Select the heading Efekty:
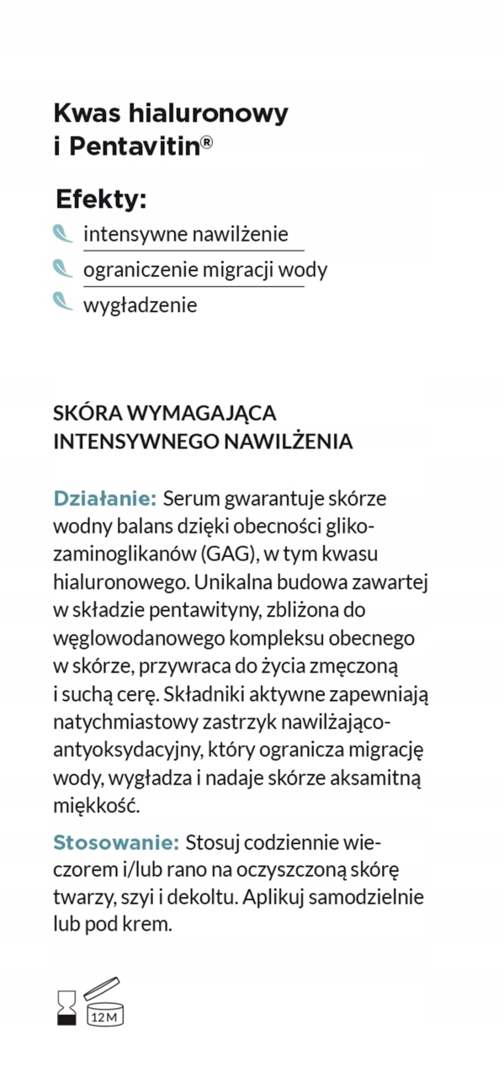(101, 199)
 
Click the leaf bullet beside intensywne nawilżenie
(63, 233)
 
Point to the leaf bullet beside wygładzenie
(63, 301)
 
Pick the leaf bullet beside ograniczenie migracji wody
(63, 268)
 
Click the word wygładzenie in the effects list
(140, 305)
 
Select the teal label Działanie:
(104, 497)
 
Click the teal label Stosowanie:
(116, 842)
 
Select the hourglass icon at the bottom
(66, 1006)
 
